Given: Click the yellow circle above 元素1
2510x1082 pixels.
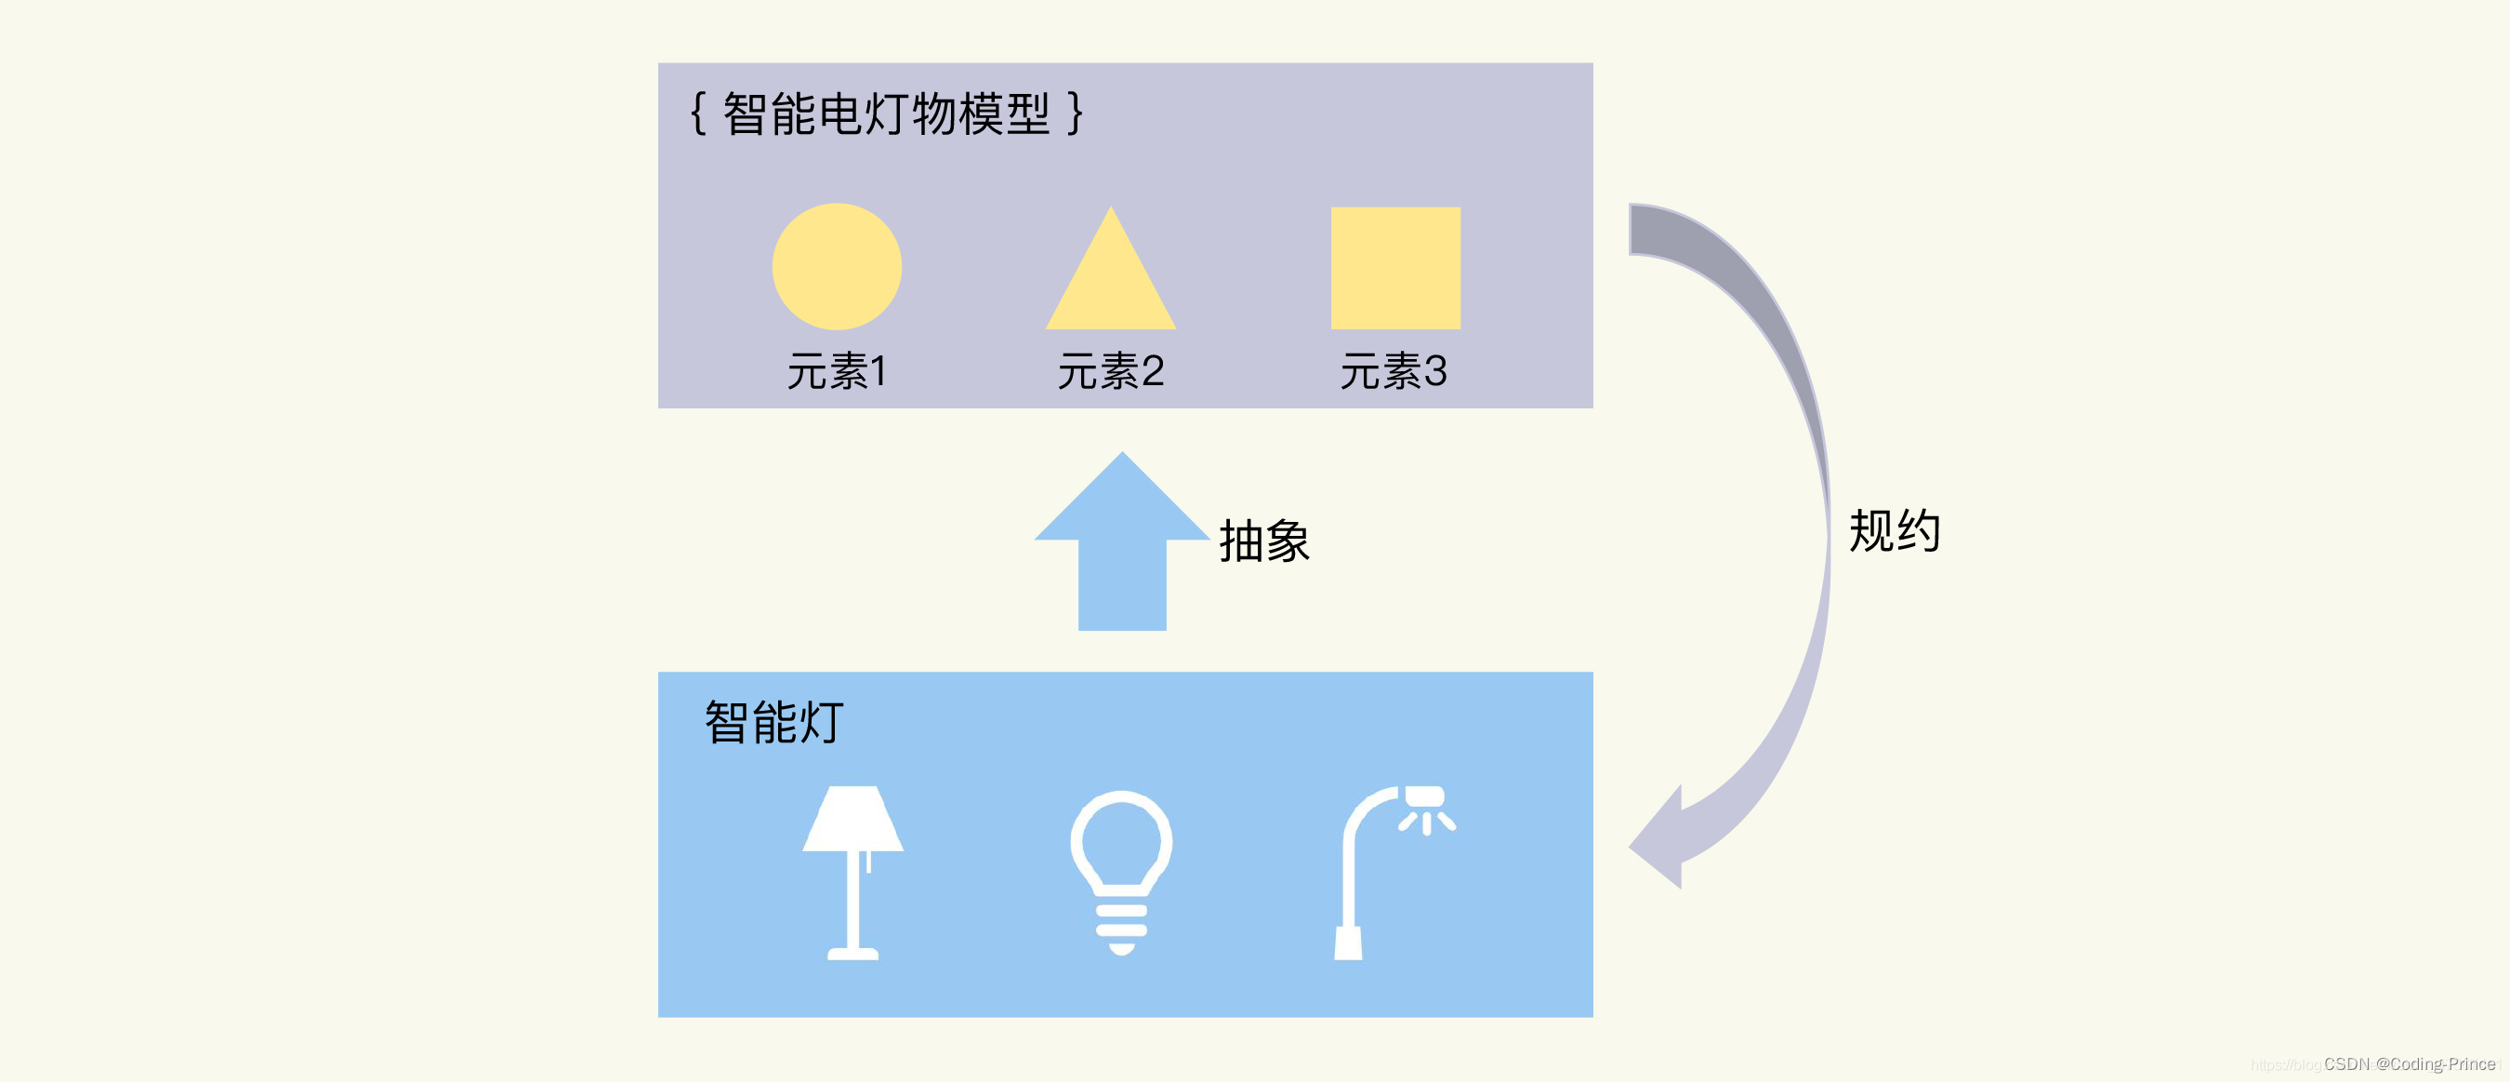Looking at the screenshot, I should click(836, 266).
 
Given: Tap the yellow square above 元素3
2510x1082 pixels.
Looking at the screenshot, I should click(1395, 267).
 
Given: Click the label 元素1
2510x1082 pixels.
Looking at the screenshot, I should click(836, 371).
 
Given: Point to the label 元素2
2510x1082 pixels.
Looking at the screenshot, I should click(1111, 371).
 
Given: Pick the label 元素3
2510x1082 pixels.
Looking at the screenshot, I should click(1394, 371).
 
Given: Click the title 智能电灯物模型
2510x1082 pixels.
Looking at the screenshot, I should click(886, 114).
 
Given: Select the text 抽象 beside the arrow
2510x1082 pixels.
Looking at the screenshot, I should click(1263, 541).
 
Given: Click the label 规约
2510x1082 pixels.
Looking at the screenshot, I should click(1895, 531).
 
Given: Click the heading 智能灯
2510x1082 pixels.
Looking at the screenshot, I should click(773, 722).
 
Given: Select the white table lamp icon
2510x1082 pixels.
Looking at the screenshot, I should click(852, 873).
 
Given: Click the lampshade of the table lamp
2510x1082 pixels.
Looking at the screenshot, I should click(852, 819).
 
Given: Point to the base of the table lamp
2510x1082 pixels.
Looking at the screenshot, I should click(852, 953).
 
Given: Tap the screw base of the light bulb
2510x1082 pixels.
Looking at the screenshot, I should click(1120, 926).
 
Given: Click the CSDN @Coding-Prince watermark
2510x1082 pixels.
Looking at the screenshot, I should click(2409, 1063).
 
